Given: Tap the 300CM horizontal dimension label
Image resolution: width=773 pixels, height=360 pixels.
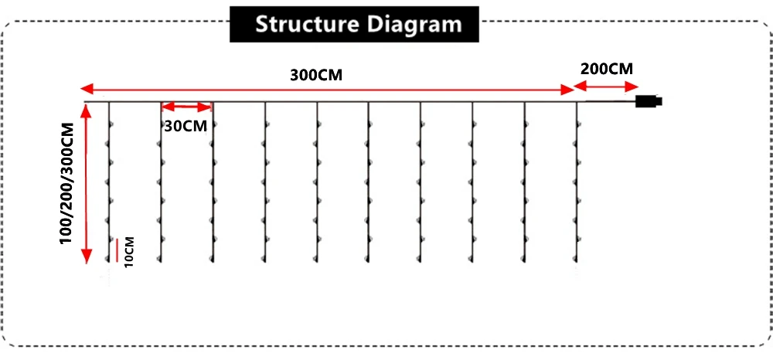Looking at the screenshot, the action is pos(316,76).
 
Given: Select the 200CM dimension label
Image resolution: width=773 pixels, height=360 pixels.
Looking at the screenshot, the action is pos(607,68).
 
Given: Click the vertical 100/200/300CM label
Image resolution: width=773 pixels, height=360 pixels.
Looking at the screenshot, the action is pos(68,184).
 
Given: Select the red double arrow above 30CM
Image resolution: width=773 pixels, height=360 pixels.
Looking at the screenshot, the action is pos(186,107).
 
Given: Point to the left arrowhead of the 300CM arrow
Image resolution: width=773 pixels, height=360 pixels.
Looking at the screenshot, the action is pos(85,89).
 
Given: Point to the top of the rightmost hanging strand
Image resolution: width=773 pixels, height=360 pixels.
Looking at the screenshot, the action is pos(577,104).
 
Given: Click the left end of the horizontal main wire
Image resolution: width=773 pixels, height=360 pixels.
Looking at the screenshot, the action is pos(84,102).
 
